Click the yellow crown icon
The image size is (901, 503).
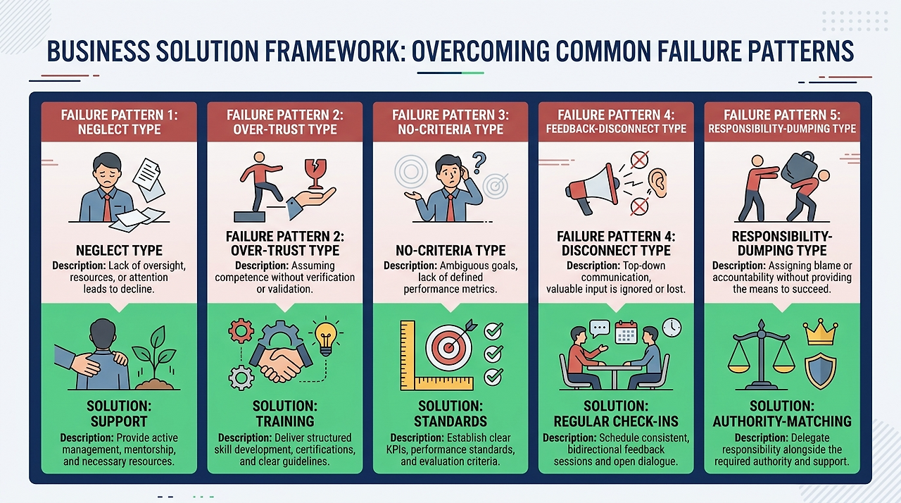click(820, 332)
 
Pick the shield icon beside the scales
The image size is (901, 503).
click(820, 371)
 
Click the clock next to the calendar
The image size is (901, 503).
click(672, 328)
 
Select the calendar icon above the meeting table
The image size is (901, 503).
click(626, 332)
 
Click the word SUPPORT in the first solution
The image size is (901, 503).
click(118, 422)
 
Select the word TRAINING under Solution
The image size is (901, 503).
click(285, 422)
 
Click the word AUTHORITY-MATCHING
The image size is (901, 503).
click(782, 422)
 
